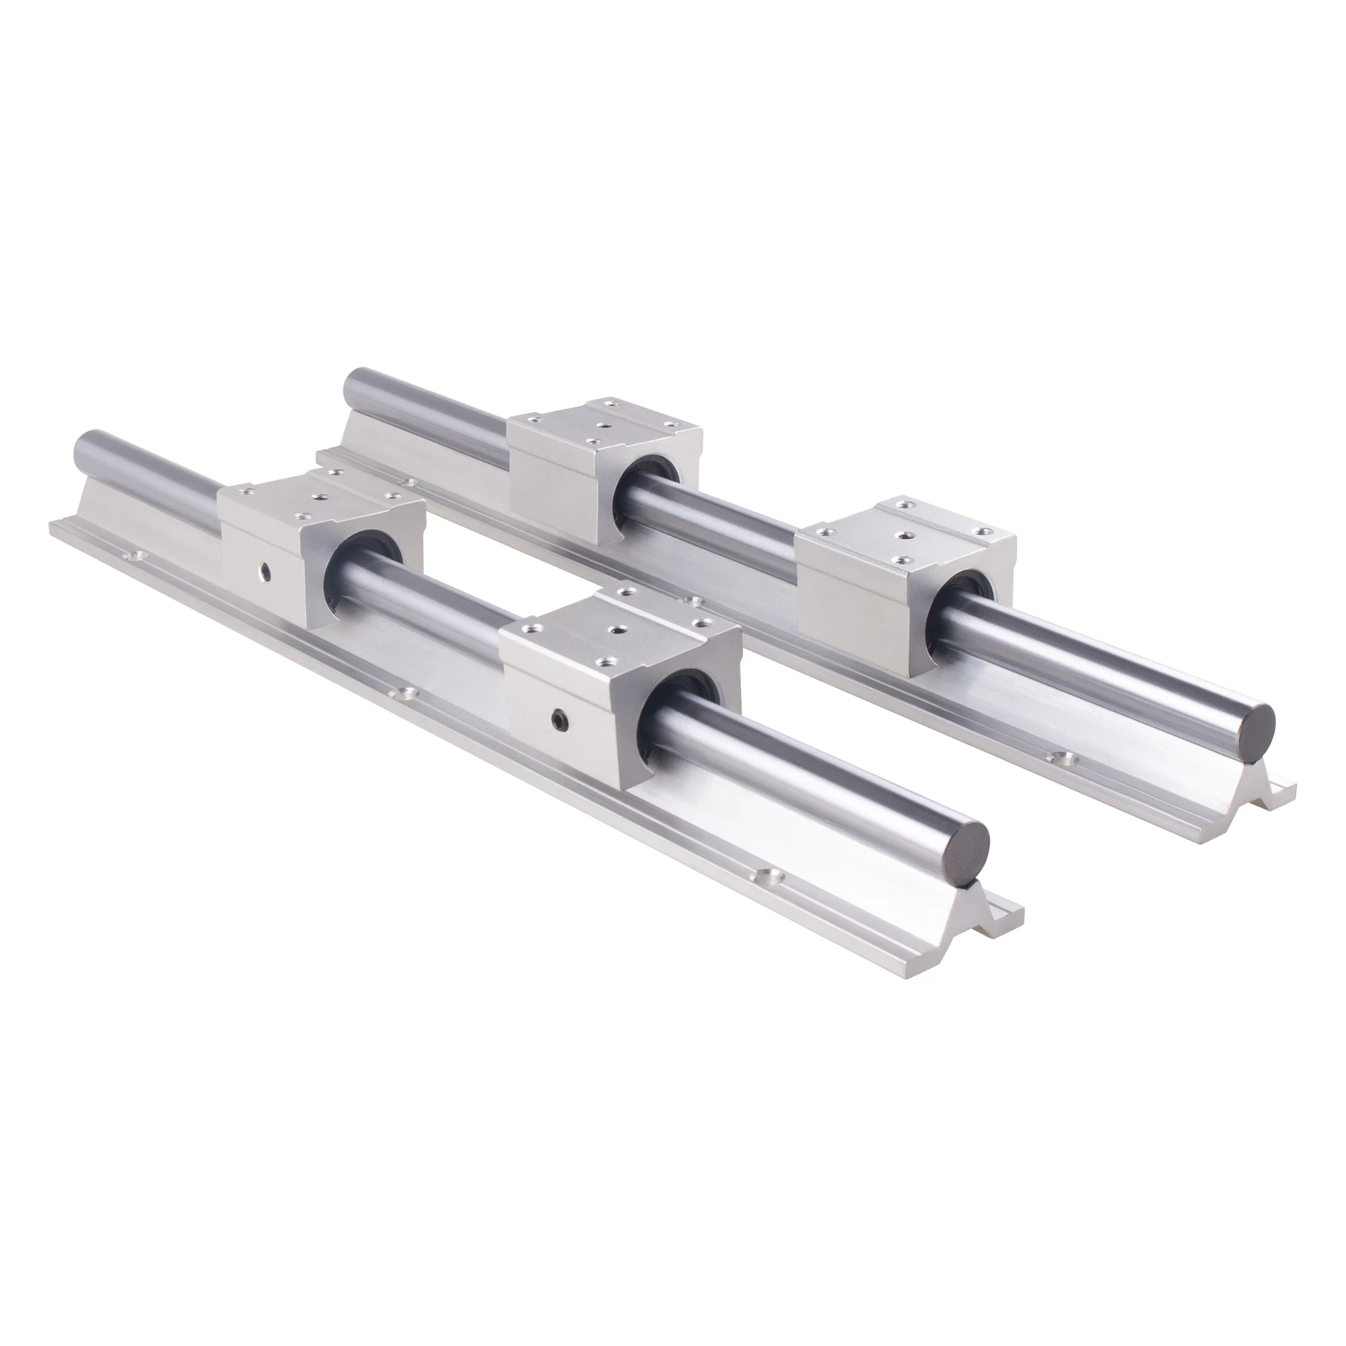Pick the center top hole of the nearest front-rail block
click(616, 629)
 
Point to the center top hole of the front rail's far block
click(322, 497)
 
